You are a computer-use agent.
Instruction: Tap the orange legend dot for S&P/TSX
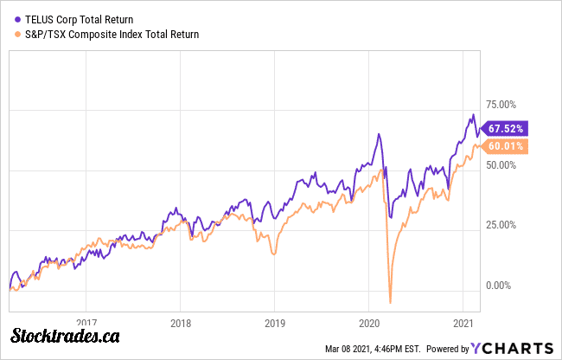16,35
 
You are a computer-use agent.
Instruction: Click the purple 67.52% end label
507,128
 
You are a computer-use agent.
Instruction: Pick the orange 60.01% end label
507,146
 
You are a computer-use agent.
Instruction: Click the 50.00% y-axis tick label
502,167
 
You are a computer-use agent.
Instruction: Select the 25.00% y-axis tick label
502,225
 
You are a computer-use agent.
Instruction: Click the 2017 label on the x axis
86,318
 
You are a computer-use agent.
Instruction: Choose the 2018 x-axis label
180,318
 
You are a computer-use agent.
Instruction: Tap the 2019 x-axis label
274,318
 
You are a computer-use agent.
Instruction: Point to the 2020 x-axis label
368,318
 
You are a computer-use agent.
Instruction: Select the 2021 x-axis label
463,318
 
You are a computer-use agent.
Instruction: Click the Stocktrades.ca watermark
65,336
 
